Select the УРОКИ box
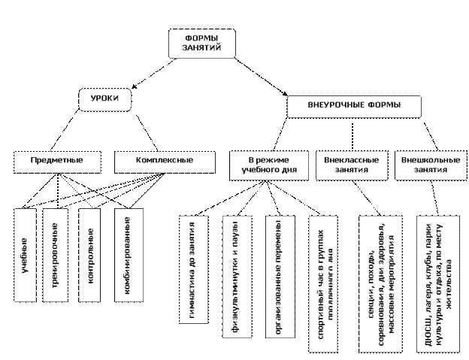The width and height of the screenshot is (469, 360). (104, 98)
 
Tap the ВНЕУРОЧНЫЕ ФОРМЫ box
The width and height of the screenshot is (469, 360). (354, 105)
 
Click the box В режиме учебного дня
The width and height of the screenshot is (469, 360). (268, 165)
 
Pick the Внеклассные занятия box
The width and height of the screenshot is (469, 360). (351, 165)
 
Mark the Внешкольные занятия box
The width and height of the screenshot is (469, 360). (425, 165)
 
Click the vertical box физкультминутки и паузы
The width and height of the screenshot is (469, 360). (234, 274)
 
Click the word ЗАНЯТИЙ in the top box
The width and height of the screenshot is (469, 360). (201, 48)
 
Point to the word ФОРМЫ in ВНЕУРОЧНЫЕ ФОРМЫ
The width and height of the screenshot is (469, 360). (383, 105)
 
